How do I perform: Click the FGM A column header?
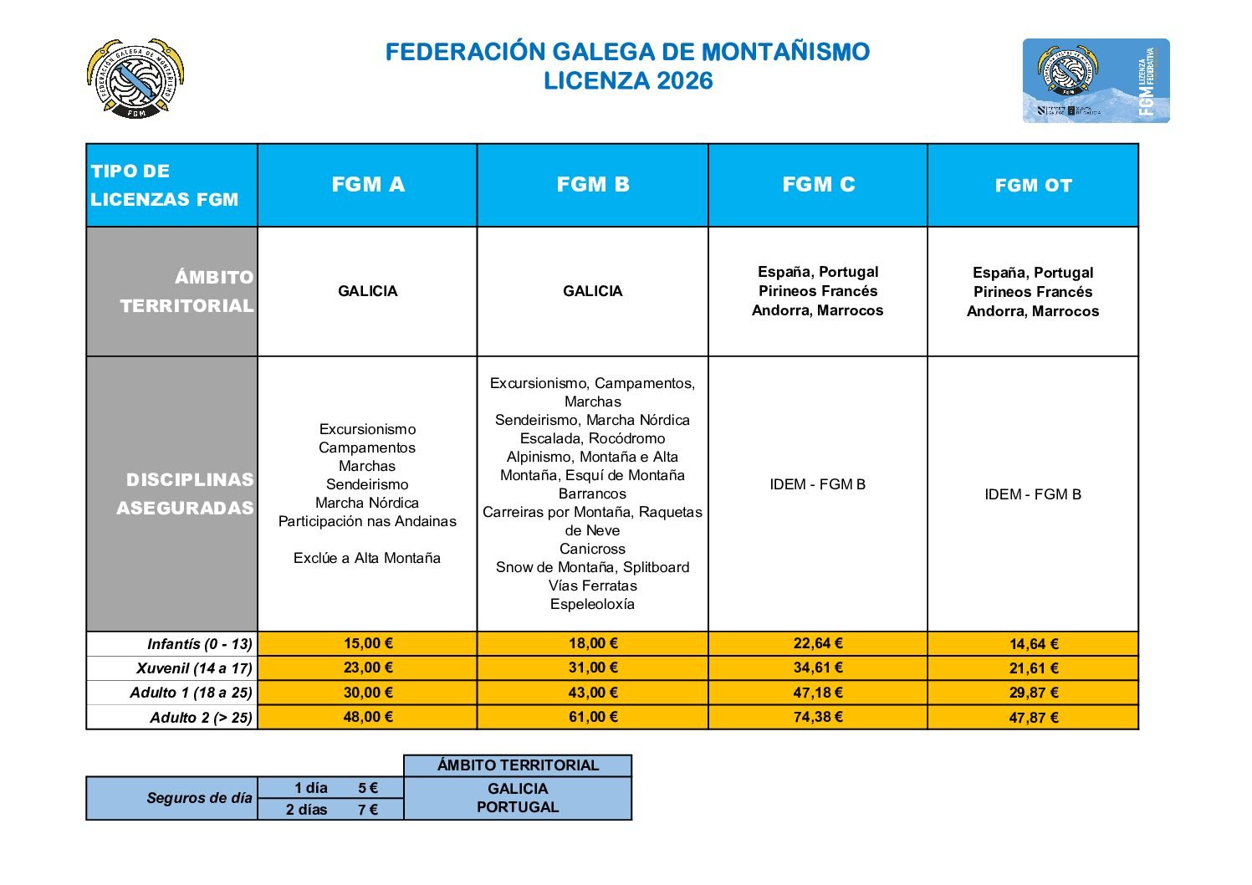coord(368,185)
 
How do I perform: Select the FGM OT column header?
coord(1033,186)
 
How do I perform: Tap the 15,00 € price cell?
coord(368,643)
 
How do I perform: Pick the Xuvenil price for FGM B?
coord(592,668)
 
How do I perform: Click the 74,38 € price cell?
coord(818,717)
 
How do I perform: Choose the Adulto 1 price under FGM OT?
coord(1034,693)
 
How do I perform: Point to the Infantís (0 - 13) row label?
coord(199,644)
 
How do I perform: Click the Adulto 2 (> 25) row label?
coord(201,718)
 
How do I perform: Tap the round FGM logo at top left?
coord(135,79)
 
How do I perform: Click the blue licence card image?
coord(1096,81)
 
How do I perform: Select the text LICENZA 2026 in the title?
coord(628,81)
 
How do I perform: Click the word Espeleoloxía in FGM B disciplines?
coord(592,604)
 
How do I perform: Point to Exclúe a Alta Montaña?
coord(367,558)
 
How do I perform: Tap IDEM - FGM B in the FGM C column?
coord(817,484)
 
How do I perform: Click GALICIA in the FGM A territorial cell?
coord(368,291)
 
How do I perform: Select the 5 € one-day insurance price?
coord(368,788)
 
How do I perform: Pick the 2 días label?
coord(307,810)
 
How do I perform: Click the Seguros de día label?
coord(199,798)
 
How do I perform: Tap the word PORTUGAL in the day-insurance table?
coord(518,807)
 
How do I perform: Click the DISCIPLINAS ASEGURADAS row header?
coord(185,494)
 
